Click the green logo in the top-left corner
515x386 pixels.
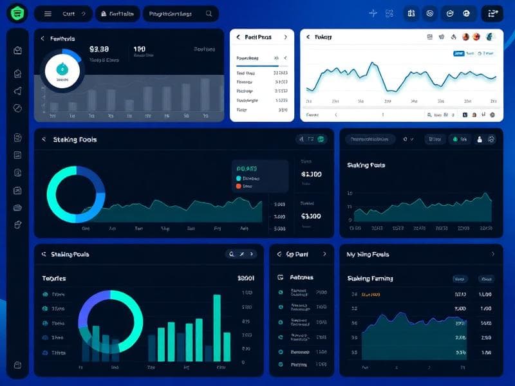(x=18, y=13)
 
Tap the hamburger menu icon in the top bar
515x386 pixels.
(x=48, y=14)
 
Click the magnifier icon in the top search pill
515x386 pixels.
(x=209, y=14)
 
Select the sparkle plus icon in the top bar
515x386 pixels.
(x=373, y=14)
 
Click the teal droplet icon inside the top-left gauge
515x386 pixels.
(x=62, y=69)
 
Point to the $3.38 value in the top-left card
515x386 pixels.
(x=99, y=49)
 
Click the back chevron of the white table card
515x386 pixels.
(x=238, y=37)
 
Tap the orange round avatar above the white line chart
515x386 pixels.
(x=477, y=37)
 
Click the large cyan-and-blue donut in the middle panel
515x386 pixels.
(x=76, y=192)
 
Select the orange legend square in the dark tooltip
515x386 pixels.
(x=239, y=186)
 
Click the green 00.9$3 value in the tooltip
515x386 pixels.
(x=248, y=169)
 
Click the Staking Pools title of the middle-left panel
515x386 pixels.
(x=75, y=139)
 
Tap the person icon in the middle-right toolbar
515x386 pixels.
(x=478, y=139)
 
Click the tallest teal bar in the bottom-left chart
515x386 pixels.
(x=217, y=327)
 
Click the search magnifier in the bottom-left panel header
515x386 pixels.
(x=231, y=254)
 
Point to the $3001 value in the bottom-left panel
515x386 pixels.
(x=245, y=279)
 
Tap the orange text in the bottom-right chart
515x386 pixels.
(x=371, y=294)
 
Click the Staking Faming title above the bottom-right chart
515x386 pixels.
(x=370, y=279)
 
